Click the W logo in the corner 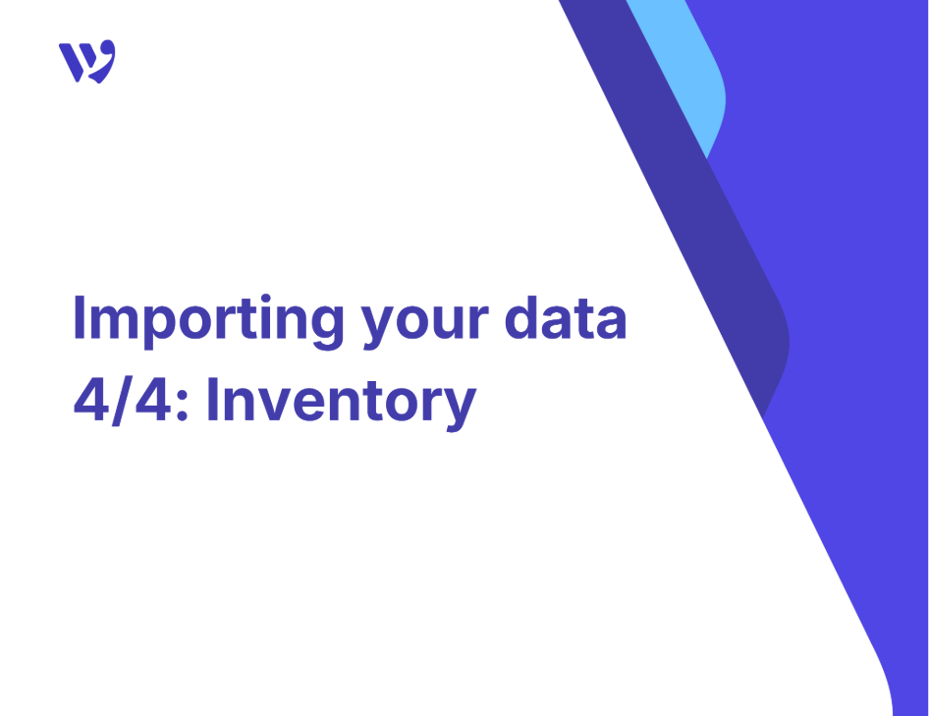pyautogui.click(x=87, y=61)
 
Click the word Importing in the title pyautogui.click(x=208, y=320)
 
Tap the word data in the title pyautogui.click(x=566, y=318)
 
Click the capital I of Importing pyautogui.click(x=80, y=317)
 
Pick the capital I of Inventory pyautogui.click(x=212, y=400)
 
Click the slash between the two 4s pyautogui.click(x=122, y=401)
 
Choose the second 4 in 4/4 pyautogui.click(x=153, y=400)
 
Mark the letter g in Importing pyautogui.click(x=326, y=326)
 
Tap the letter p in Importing pyautogui.click(x=162, y=326)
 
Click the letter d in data pyautogui.click(x=521, y=318)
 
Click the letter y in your pyautogui.click(x=380, y=327)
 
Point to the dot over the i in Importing pyautogui.click(x=266, y=299)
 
